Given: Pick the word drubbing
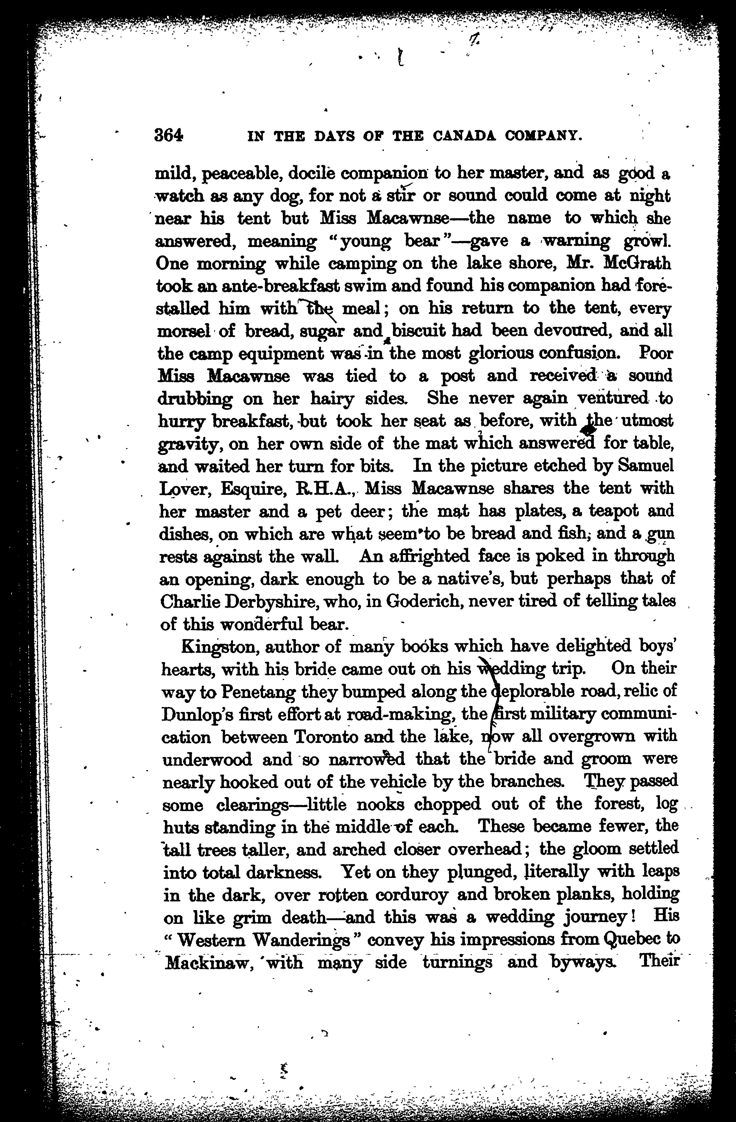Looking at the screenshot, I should click(194, 399).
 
